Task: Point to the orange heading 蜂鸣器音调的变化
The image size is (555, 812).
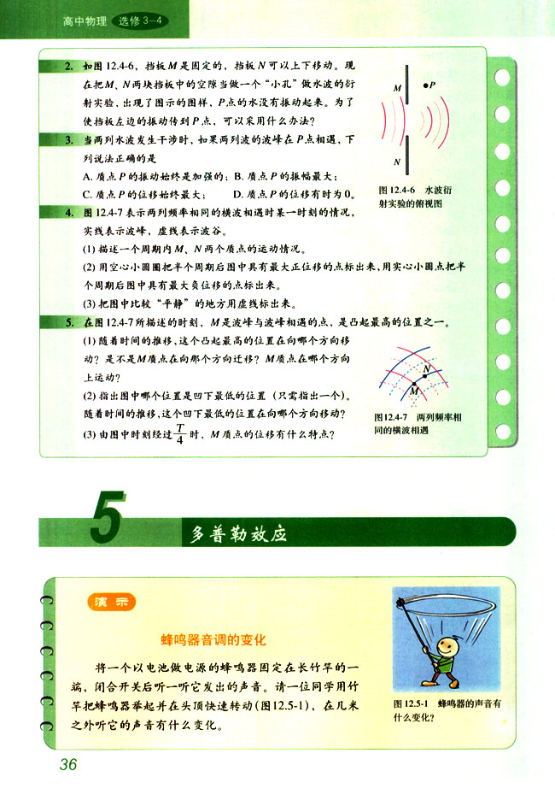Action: pyautogui.click(x=215, y=638)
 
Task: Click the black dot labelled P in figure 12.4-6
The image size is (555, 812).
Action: pyautogui.click(x=424, y=85)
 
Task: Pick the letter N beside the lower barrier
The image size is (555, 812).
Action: pyautogui.click(x=397, y=161)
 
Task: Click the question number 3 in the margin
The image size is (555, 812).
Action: pyautogui.click(x=67, y=138)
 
